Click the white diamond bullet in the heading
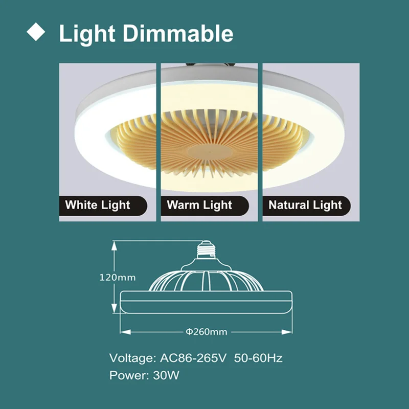click(x=36, y=32)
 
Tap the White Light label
click(x=98, y=206)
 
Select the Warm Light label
click(x=199, y=206)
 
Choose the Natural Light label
click(x=305, y=206)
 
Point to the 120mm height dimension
click(x=117, y=278)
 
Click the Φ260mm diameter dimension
click(x=206, y=332)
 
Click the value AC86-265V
click(x=192, y=358)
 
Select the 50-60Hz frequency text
click(x=258, y=358)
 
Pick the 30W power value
click(x=166, y=376)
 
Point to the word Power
click(x=128, y=376)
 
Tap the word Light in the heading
click(x=87, y=34)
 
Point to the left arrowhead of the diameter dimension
click(x=123, y=332)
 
